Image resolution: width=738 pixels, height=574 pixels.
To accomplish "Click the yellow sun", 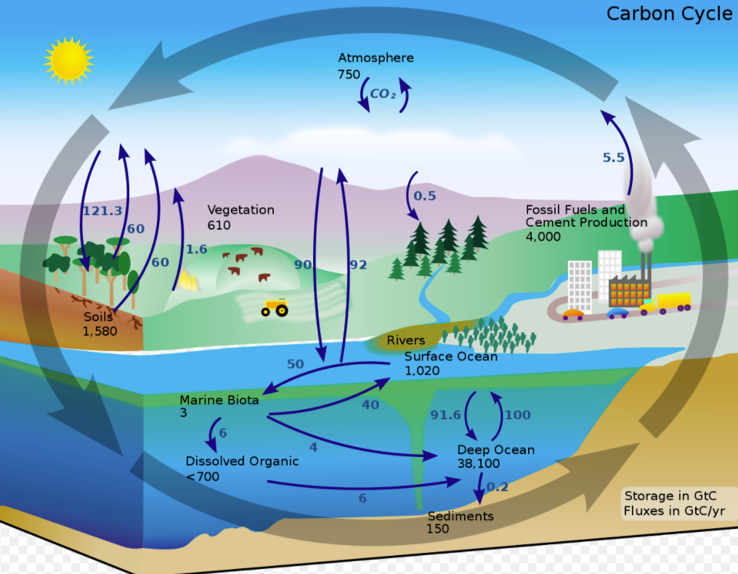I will [68, 60].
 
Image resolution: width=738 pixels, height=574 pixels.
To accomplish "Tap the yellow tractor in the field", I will [275, 307].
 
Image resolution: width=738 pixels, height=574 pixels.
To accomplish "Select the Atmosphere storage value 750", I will [349, 74].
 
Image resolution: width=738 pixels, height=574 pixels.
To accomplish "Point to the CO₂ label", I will [384, 94].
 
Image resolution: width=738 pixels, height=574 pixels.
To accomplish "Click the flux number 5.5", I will [614, 157].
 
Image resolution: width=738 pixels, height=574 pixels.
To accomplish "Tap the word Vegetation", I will [240, 210].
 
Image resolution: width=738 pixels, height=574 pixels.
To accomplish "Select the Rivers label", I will [405, 340].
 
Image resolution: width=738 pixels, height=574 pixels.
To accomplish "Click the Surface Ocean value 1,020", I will [422, 371].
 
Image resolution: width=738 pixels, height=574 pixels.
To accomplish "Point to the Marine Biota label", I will [219, 400].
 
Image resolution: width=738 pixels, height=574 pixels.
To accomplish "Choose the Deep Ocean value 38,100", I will [479, 464].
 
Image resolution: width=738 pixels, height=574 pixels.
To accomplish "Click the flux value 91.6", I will [446, 415].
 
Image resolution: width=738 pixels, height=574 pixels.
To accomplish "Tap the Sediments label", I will [461, 516].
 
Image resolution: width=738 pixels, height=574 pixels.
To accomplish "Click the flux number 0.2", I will [498, 487].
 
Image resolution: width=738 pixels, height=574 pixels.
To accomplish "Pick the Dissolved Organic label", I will [242, 461].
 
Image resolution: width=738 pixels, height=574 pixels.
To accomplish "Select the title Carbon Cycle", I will [669, 14].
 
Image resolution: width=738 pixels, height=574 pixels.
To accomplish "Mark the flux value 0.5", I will [425, 195].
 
